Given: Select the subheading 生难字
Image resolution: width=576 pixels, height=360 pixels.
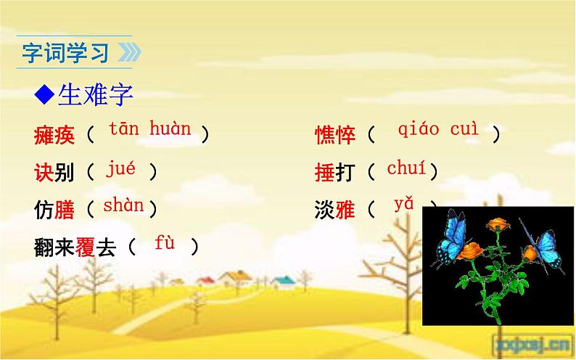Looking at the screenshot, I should pyautogui.click(x=93, y=94).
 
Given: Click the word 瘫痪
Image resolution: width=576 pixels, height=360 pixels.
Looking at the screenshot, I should pyautogui.click(x=54, y=134).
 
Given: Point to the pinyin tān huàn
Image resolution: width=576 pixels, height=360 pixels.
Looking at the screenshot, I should pyautogui.click(x=150, y=131).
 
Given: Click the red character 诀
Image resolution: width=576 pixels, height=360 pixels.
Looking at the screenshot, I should pyautogui.click(x=44, y=173).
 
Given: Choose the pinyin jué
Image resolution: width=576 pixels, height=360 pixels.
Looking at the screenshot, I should pyautogui.click(x=120, y=171).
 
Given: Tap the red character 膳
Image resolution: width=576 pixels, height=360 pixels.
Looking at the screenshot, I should pyautogui.click(x=65, y=210).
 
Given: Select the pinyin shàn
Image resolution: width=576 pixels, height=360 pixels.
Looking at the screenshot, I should pyautogui.click(x=123, y=206).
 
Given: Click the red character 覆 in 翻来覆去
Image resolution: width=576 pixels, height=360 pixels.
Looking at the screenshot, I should pyautogui.click(x=85, y=248).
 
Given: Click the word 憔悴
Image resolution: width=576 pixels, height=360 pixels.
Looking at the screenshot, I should pyautogui.click(x=335, y=134).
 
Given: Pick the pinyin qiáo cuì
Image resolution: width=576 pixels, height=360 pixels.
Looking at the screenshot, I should pyautogui.click(x=438, y=130).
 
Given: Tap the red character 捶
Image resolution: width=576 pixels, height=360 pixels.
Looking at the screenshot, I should pyautogui.click(x=324, y=173).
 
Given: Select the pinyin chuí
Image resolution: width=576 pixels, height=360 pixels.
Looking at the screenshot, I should pyautogui.click(x=406, y=170).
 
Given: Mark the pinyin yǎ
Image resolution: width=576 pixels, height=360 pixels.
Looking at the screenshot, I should pyautogui.click(x=403, y=205).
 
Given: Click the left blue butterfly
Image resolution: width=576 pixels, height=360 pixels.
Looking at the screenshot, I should pyautogui.click(x=453, y=237).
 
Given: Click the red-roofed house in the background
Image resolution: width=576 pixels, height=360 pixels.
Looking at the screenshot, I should pyautogui.click(x=205, y=280).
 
